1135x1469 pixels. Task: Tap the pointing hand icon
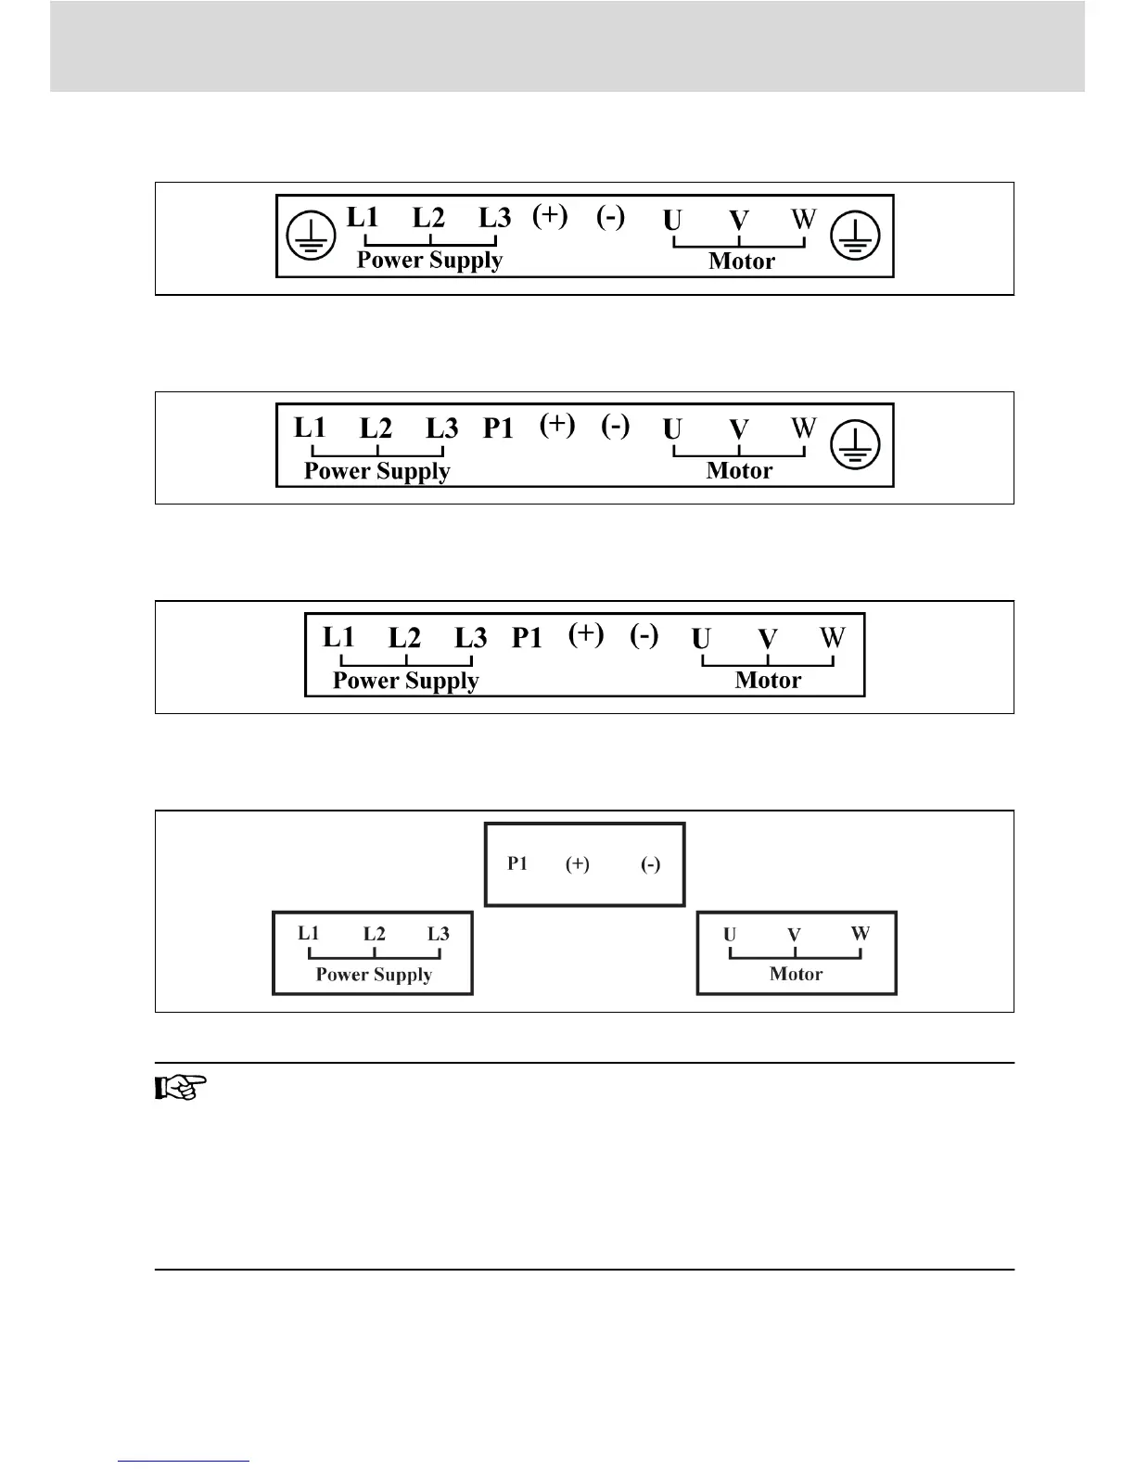[x=180, y=1086]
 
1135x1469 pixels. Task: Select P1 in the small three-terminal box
[x=517, y=863]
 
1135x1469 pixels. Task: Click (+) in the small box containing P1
[x=578, y=864]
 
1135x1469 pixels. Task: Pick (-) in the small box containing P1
[x=651, y=864]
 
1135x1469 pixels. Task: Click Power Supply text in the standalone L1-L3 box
[x=374, y=975]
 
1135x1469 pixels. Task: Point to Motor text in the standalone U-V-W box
[x=796, y=974]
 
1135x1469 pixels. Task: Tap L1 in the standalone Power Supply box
[x=309, y=933]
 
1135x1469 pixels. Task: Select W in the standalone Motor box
[x=861, y=933]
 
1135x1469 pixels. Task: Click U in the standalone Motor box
[x=730, y=934]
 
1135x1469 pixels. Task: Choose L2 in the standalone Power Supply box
[x=374, y=934]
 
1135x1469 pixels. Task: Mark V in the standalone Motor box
[x=794, y=935]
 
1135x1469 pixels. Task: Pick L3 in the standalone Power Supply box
[x=439, y=934]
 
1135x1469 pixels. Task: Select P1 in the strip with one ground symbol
[x=498, y=428]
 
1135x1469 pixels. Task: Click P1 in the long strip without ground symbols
[x=527, y=637]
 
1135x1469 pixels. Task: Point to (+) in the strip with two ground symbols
[x=550, y=215]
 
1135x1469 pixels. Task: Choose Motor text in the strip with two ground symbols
[x=741, y=262]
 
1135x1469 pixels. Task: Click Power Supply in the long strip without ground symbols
[x=405, y=681]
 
